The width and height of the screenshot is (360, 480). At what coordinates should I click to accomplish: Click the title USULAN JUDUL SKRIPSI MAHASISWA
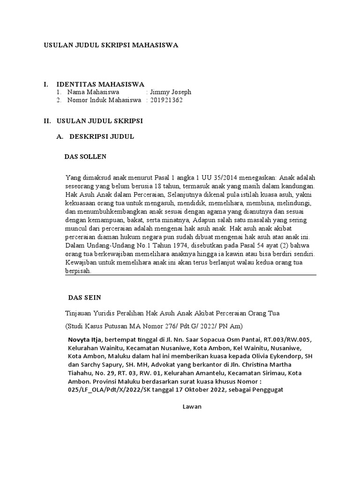[111, 45]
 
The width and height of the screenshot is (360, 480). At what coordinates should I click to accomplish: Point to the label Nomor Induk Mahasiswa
[104, 100]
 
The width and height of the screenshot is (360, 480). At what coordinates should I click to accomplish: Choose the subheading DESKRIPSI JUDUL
[102, 136]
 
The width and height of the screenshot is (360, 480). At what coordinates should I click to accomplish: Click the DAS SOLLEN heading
[85, 156]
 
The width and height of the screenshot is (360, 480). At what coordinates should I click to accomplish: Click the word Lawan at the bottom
[192, 406]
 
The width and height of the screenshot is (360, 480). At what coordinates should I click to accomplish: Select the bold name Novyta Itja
[84, 339]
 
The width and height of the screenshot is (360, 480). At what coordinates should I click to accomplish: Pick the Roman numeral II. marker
[47, 120]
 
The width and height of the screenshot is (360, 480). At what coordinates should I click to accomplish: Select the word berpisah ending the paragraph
[78, 271]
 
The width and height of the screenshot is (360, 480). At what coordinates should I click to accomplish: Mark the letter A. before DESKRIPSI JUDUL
[60, 136]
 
